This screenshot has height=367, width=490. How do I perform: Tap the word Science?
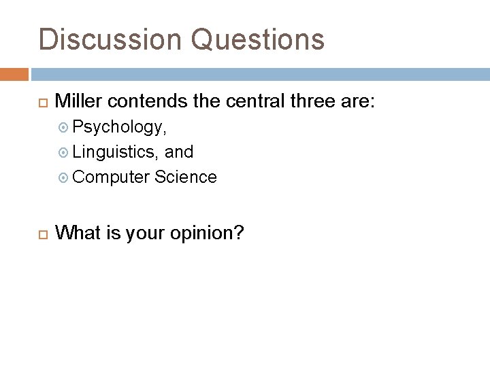pos(186,177)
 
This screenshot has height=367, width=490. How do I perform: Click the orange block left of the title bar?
pos(14,73)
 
